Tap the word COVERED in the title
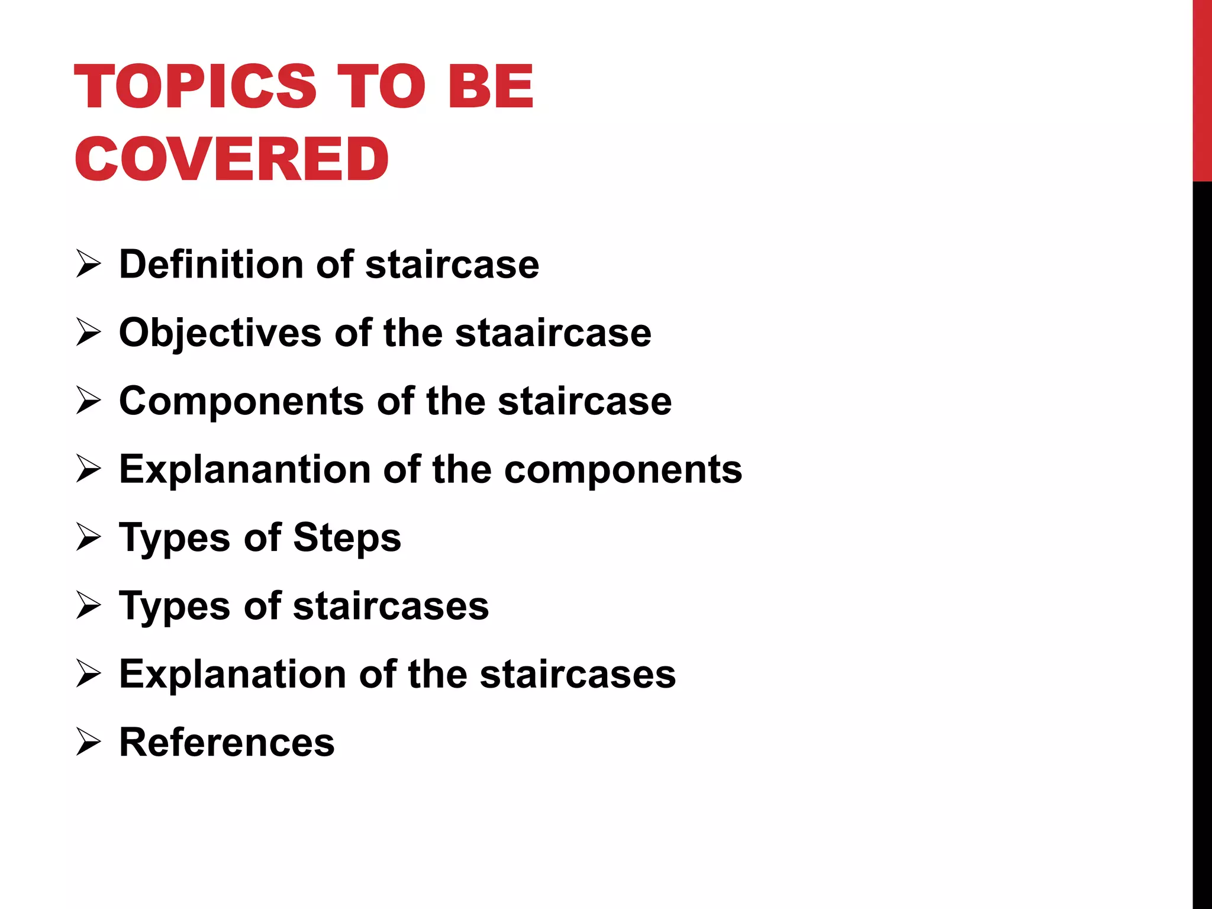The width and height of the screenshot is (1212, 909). [x=231, y=159]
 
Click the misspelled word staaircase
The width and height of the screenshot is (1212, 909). [x=553, y=333]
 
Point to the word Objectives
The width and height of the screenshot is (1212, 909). [x=220, y=333]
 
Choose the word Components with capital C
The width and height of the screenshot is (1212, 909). [x=241, y=401]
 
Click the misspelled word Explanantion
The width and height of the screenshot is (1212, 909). [x=244, y=470]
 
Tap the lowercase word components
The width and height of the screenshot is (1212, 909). [x=623, y=470]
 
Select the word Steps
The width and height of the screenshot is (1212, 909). [x=347, y=538]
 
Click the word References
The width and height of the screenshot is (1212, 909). [x=227, y=742]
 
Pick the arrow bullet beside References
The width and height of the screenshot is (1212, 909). [x=89, y=743]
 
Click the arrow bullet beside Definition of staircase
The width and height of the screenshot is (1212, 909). [x=89, y=265]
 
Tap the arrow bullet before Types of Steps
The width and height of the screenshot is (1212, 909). [x=89, y=538]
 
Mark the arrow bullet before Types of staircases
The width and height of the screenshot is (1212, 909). [x=89, y=606]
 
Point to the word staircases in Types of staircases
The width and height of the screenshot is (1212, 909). [x=391, y=606]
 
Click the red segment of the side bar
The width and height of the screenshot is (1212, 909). [x=1202, y=89]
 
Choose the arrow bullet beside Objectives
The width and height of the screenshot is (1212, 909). [x=89, y=333]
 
